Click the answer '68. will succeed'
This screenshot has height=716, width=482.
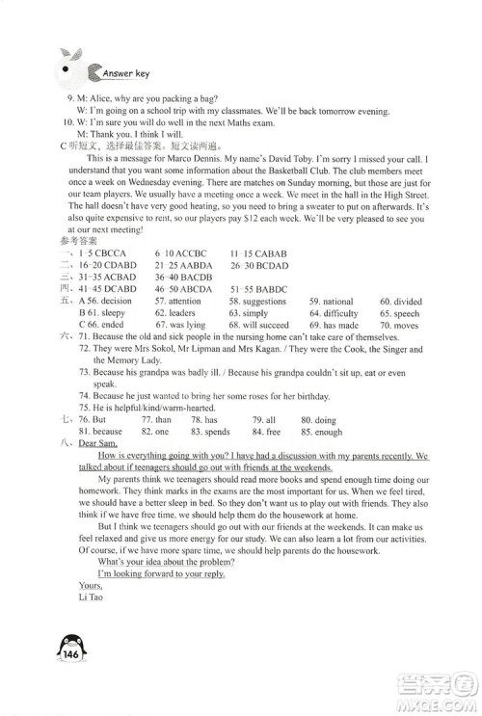pyautogui.click(x=285, y=326)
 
